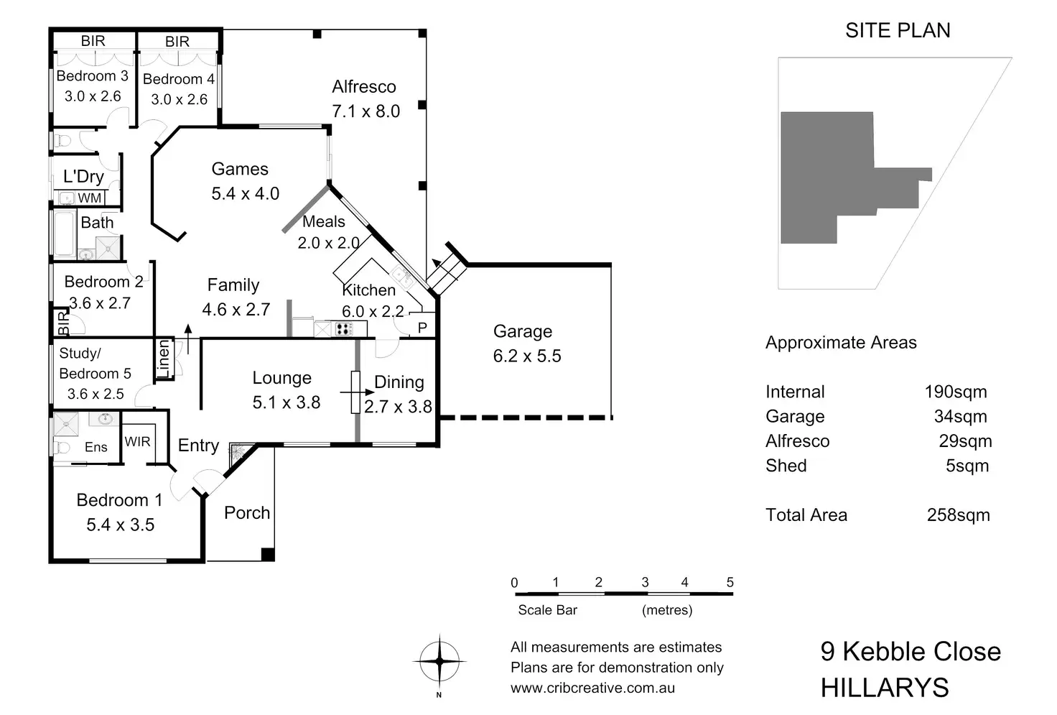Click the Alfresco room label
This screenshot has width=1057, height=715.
point(364,87)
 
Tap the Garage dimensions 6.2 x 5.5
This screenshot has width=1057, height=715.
point(527,356)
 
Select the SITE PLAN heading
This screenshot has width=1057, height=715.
point(898,30)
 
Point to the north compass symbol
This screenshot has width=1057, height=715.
point(439,661)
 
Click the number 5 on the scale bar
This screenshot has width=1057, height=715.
point(730,583)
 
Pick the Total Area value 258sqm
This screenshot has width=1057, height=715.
point(958,515)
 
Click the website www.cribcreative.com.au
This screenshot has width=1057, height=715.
point(592,688)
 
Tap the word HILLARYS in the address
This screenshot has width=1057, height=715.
point(885,688)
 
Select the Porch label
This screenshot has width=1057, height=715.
point(247,513)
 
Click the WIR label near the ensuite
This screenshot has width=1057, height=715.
point(137,441)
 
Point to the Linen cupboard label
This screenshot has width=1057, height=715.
point(164,359)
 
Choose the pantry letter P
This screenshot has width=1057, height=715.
point(422,328)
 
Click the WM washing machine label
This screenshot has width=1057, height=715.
point(90,198)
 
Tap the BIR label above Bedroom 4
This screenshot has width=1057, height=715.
point(177,42)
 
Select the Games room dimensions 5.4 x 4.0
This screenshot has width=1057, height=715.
point(245,194)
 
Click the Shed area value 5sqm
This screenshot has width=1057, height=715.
point(967,466)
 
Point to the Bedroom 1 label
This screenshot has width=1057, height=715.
point(119,500)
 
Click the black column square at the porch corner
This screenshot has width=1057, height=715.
point(267,554)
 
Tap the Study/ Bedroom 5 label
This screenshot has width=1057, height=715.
point(95,364)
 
